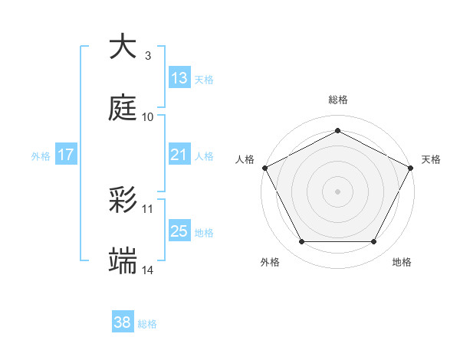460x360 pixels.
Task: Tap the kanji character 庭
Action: pyautogui.click(x=123, y=108)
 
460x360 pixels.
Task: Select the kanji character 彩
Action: pyautogui.click(x=123, y=200)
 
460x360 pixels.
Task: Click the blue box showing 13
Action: pyautogui.click(x=179, y=78)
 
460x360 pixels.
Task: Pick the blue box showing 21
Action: pyautogui.click(x=179, y=155)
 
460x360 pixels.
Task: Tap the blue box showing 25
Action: pyautogui.click(x=179, y=231)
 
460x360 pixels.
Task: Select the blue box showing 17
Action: pyautogui.click(x=66, y=155)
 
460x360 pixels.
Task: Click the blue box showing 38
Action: pyautogui.click(x=123, y=322)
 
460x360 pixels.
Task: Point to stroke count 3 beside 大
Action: pyautogui.click(x=147, y=55)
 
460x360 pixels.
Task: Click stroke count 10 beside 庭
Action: pyautogui.click(x=148, y=116)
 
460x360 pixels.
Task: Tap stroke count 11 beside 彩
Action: pyautogui.click(x=148, y=208)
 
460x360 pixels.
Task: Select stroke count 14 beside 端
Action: pyautogui.click(x=148, y=270)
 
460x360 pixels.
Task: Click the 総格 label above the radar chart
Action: pyautogui.click(x=337, y=100)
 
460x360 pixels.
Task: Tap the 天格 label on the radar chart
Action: pyautogui.click(x=431, y=159)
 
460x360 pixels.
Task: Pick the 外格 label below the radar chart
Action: pyautogui.click(x=270, y=262)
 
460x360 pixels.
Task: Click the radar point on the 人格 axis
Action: pyautogui.click(x=264, y=167)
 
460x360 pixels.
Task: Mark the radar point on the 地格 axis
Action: pyautogui.click(x=373, y=242)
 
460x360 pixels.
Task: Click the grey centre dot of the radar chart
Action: pyautogui.click(x=337, y=191)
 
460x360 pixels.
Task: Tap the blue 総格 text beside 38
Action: pyautogui.click(x=148, y=324)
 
